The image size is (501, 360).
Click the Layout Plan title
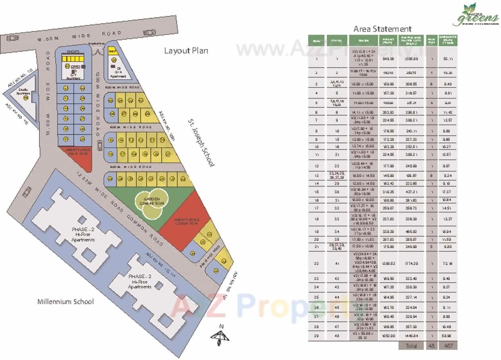(x=186, y=51)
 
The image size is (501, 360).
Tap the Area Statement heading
(x=382, y=29)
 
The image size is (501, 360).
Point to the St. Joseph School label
(x=201, y=141)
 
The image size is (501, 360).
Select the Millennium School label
(x=66, y=302)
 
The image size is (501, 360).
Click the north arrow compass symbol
(x=220, y=336)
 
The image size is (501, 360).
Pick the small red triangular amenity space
(x=82, y=155)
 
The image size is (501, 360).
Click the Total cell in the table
(x=411, y=346)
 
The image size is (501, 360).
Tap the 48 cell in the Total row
(x=431, y=346)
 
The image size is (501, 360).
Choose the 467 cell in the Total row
(x=448, y=346)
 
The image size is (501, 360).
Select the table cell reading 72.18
(x=448, y=263)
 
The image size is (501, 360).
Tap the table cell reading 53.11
(x=448, y=59)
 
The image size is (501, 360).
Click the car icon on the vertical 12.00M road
(x=99, y=145)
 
